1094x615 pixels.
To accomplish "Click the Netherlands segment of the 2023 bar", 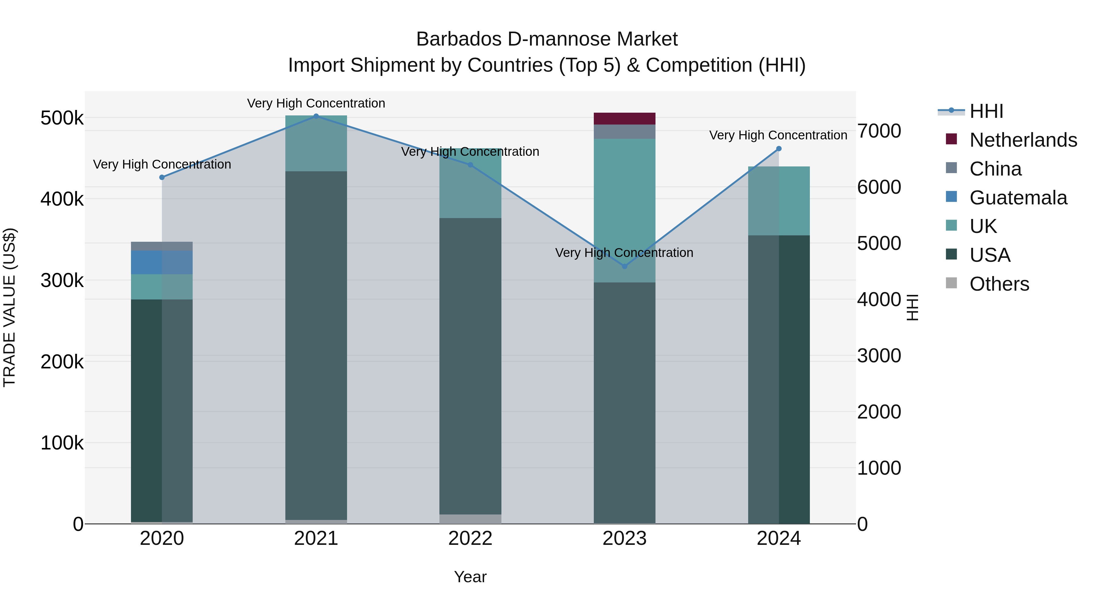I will coord(624,118).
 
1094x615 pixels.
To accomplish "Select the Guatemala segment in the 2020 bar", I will coord(161,262).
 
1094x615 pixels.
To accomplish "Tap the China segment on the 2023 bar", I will coord(624,132).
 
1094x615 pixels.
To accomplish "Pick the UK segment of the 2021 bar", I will coord(316,143).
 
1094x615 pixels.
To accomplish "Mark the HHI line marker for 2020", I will coord(162,177).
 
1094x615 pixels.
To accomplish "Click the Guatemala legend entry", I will coord(1017,198).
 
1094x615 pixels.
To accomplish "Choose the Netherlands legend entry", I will coord(1023,140).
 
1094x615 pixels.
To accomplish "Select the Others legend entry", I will coord(999,284).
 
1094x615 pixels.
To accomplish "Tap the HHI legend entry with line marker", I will coord(986,111).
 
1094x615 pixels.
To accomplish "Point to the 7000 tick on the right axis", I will coord(879,131).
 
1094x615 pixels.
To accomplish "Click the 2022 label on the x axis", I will coord(470,538).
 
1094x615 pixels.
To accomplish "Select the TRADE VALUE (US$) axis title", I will coord(9,308).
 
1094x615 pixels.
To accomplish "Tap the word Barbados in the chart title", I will coord(459,39).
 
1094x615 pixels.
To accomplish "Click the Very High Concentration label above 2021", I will coord(316,103).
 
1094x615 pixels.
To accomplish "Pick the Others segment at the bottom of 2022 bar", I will coord(470,519).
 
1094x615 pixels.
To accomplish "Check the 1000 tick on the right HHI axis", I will coord(879,468).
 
